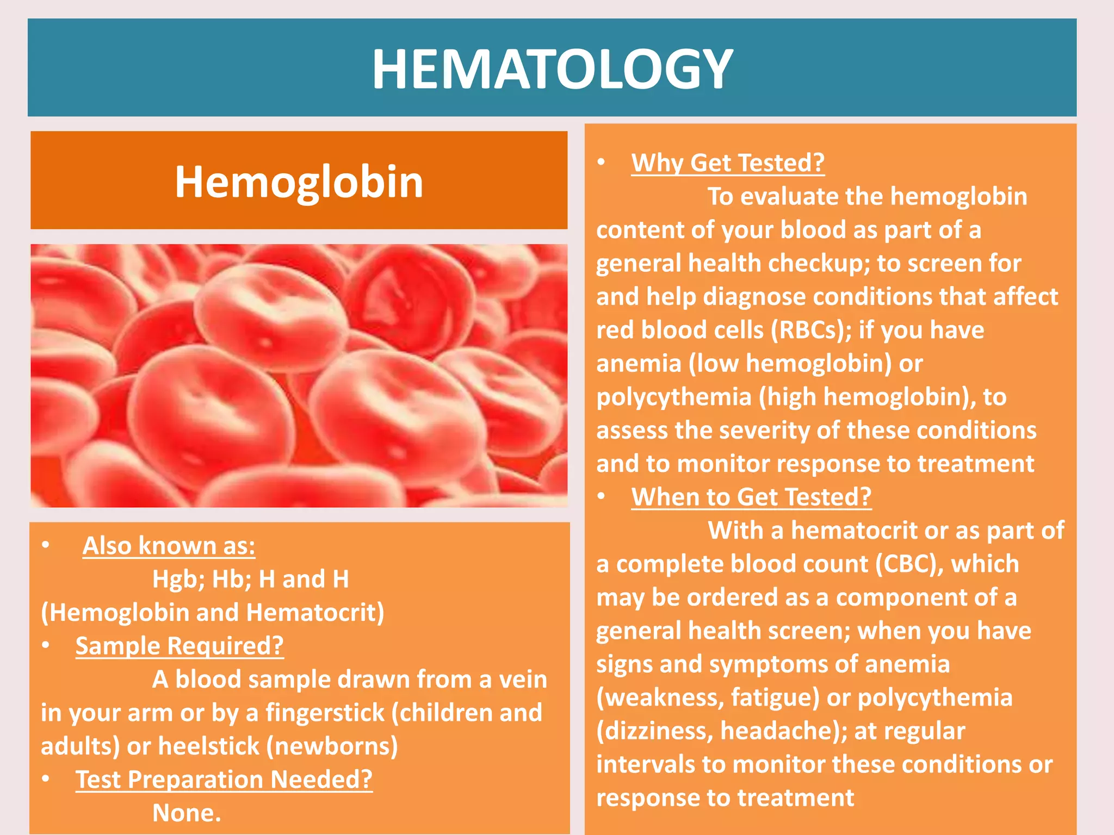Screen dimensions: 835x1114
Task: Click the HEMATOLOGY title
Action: [x=552, y=69]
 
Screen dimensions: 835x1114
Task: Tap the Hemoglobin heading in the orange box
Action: [x=299, y=182]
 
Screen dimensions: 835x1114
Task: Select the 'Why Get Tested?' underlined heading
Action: [x=727, y=163]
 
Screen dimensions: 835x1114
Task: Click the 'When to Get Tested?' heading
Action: [x=751, y=497]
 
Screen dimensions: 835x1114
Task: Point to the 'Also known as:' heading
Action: [x=169, y=546]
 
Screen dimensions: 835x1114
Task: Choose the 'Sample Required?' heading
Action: [x=180, y=646]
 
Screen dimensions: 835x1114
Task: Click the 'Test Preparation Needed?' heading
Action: [x=224, y=780]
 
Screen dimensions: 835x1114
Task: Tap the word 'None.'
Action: [x=187, y=813]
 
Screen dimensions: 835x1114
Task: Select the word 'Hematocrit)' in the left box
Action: [x=315, y=613]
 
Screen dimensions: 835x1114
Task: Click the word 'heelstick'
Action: [x=209, y=746]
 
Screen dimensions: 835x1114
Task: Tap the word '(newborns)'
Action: [x=332, y=746]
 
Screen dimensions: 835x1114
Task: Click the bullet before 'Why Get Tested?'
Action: [x=601, y=162]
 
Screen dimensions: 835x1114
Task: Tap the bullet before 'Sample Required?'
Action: [x=46, y=645]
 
